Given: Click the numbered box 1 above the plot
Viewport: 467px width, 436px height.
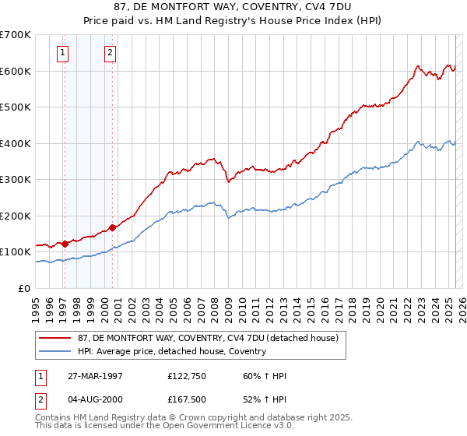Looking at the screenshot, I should tap(62, 53).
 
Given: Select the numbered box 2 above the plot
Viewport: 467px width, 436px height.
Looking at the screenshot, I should tap(110, 53).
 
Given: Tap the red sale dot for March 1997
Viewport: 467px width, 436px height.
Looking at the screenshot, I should tap(65, 244).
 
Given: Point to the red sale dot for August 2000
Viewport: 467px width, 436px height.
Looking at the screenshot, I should tap(113, 227).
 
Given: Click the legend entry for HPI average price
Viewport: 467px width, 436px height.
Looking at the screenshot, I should tap(171, 351).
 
